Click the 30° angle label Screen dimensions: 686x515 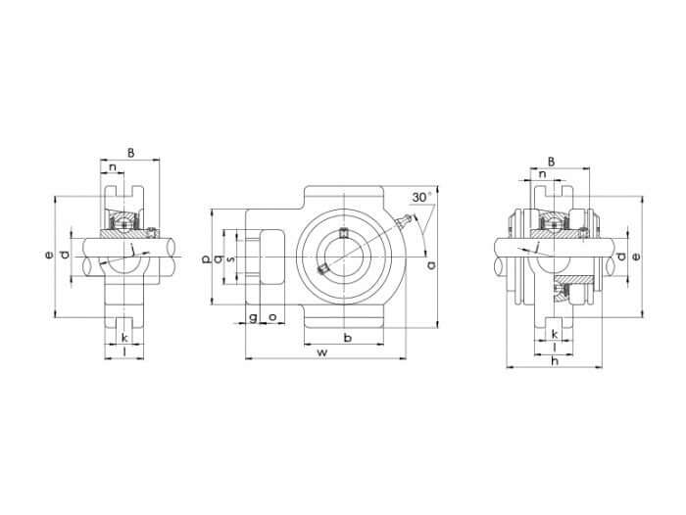pyautogui.click(x=422, y=197)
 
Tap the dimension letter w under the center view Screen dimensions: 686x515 pyautogui.click(x=322, y=351)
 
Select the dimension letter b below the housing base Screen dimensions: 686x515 pyautogui.click(x=348, y=338)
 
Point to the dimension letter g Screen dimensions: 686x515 pyautogui.click(x=253, y=317)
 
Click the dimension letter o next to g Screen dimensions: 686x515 pyautogui.click(x=272, y=316)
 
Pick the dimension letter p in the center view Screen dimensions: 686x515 pyautogui.click(x=206, y=259)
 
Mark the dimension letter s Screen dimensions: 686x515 pyautogui.click(x=231, y=259)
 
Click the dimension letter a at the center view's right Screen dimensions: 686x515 pyautogui.click(x=431, y=264)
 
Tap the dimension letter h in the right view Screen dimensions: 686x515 pyautogui.click(x=555, y=360)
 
